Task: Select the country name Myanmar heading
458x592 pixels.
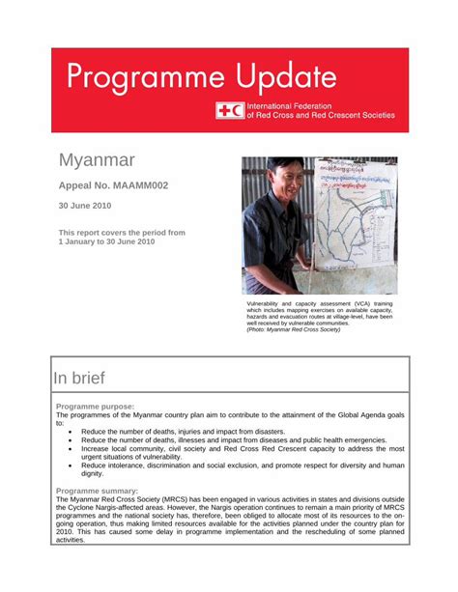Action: pyautogui.click(x=97, y=159)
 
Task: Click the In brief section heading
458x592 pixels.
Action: pyautogui.click(x=79, y=378)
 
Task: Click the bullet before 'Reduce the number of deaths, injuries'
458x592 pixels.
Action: pyautogui.click(x=70, y=432)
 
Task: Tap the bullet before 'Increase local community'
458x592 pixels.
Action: pyautogui.click(x=70, y=449)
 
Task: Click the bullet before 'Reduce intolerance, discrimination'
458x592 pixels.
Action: pyautogui.click(x=70, y=465)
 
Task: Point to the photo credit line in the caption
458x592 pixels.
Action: pyautogui.click(x=293, y=329)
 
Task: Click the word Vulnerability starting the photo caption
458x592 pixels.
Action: pyautogui.click(x=269, y=303)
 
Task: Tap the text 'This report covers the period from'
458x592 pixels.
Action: pyautogui.click(x=122, y=233)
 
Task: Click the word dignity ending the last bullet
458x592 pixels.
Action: pyautogui.click(x=93, y=474)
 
